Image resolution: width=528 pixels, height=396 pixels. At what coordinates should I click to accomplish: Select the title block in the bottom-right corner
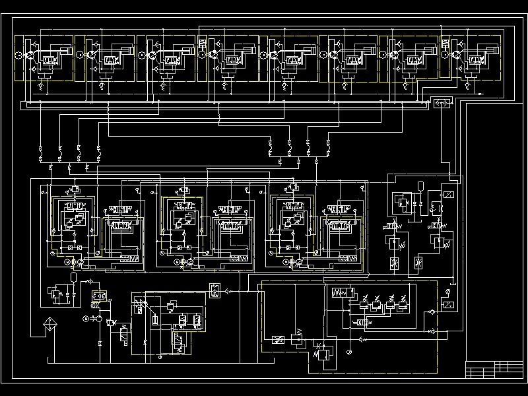pyautogui.click(x=494, y=370)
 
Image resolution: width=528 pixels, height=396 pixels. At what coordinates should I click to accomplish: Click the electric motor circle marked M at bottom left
pyautogui.click(x=85, y=319)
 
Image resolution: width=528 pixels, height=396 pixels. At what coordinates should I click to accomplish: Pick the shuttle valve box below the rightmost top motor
pyautogui.click(x=440, y=103)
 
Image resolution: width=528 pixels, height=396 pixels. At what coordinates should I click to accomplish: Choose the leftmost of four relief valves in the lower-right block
pyautogui.click(x=364, y=303)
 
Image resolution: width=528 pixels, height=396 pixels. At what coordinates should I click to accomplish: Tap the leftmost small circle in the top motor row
pyautogui.click(x=18, y=55)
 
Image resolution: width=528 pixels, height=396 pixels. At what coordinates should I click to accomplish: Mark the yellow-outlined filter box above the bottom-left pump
pyautogui.click(x=100, y=295)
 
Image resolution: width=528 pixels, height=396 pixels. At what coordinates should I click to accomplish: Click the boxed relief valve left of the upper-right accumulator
pyautogui.click(x=401, y=201)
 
